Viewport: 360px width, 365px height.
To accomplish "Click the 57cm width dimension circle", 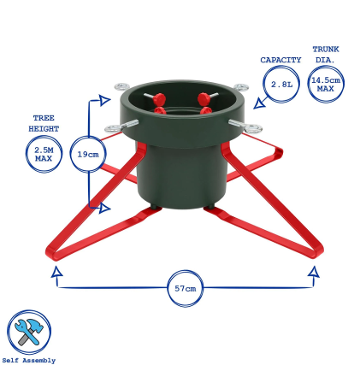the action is tap(185, 288).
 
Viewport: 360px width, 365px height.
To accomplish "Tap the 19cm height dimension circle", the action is tap(88, 154).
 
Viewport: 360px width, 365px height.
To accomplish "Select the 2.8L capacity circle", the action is tap(281, 84).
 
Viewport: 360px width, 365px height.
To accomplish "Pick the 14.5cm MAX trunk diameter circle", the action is tap(326, 84).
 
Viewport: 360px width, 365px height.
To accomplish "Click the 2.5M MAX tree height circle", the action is tap(44, 154).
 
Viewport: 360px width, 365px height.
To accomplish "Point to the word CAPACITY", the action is tap(281, 60).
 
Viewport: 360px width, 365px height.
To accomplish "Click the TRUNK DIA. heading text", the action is tap(326, 54).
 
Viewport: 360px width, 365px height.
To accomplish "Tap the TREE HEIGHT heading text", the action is tap(44, 123).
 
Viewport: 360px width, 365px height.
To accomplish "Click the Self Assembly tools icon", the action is tap(29, 332).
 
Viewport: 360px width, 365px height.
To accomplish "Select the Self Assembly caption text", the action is tap(29, 360).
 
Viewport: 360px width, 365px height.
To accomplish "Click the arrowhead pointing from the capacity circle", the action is tap(260, 104).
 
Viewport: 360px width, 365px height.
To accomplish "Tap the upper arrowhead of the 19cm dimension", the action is tap(105, 100).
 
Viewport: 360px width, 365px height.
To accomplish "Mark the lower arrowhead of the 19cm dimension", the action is tap(105, 208).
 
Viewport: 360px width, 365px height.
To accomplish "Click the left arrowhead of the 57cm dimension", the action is tap(57, 272).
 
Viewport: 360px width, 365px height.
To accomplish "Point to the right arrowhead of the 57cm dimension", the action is tap(313, 272).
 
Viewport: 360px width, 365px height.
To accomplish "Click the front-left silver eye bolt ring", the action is tap(113, 128).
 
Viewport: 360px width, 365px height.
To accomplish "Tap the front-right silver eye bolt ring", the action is tap(253, 128).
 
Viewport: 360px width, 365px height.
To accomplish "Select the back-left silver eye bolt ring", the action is tap(122, 87).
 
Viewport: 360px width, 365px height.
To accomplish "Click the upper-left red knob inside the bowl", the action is tap(159, 99).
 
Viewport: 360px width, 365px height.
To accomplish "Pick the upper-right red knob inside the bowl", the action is tap(204, 99).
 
